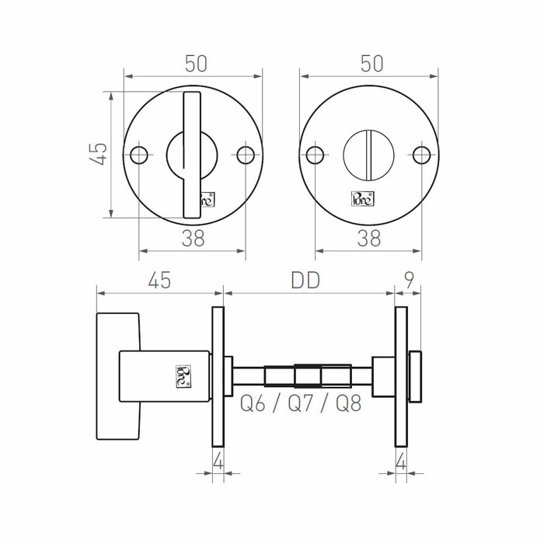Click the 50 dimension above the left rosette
196,64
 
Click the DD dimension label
306,281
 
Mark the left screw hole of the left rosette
139,155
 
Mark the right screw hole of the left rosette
246,155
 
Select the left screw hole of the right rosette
315,155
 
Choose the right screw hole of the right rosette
421,155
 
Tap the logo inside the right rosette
363,199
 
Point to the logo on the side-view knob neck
183,375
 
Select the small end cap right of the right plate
415,378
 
